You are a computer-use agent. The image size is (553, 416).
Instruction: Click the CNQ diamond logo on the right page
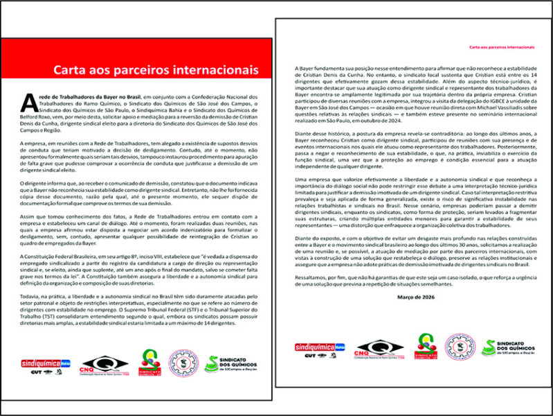click(x=380, y=348)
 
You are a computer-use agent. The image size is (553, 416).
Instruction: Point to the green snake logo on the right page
click(x=488, y=347)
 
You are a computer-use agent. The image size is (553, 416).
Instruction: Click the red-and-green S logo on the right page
click(x=424, y=346)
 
